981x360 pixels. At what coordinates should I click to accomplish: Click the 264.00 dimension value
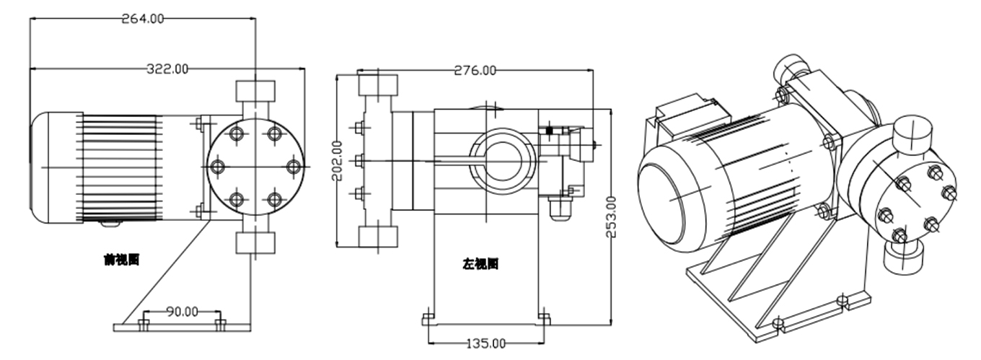[143, 19]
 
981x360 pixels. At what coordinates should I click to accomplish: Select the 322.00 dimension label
[167, 69]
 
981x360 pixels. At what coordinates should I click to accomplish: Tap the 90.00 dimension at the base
[182, 312]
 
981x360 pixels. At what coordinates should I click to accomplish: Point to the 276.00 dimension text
[475, 70]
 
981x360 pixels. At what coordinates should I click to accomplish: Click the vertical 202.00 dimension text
[337, 160]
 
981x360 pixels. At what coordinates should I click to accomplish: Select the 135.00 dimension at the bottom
[485, 343]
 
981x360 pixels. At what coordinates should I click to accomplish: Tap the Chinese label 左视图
[480, 264]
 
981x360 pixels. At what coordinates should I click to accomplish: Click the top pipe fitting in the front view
[255, 92]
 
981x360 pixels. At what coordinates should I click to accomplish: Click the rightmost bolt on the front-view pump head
[293, 167]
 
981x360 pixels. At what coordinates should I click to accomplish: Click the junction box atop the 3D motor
[689, 117]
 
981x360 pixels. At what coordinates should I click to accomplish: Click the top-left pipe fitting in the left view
[378, 87]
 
